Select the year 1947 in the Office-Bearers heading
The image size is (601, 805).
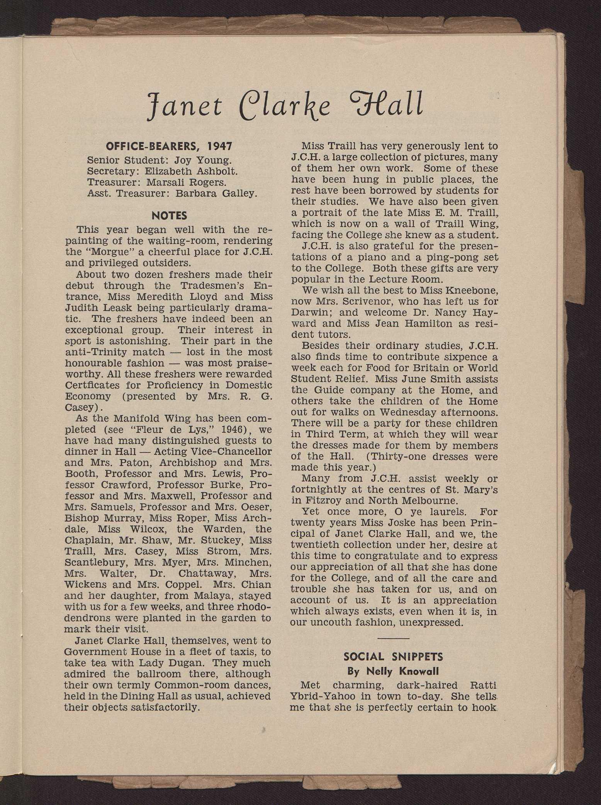219,146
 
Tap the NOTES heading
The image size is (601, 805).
170,215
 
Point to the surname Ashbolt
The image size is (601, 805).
216,171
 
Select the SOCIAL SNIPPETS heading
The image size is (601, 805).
394,656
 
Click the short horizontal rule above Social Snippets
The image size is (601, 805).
393,638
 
